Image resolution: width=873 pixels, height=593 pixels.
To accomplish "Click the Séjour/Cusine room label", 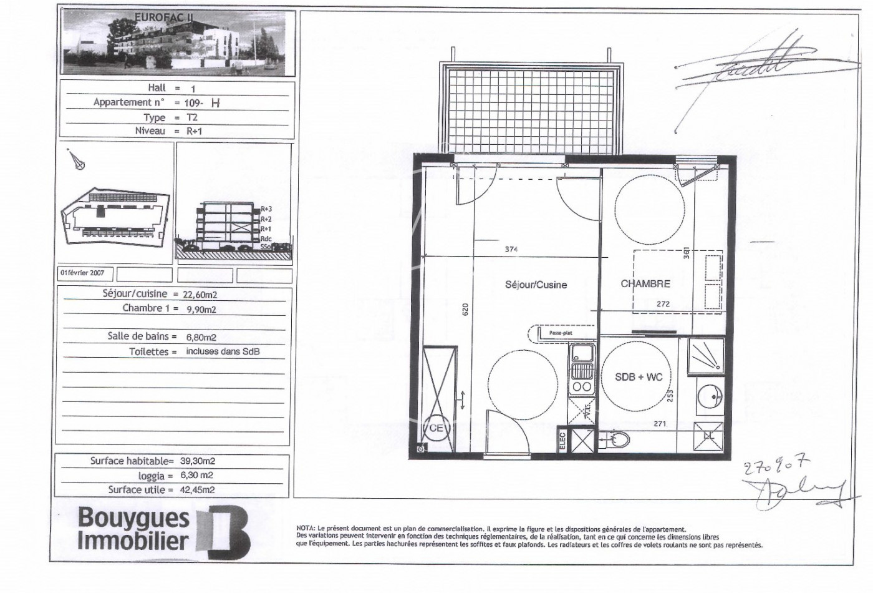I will (536, 285).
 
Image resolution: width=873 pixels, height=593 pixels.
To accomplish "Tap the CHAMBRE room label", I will (645, 283).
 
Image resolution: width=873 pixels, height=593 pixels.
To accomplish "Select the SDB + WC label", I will (639, 377).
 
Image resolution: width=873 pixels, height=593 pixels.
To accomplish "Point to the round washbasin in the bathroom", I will (710, 395).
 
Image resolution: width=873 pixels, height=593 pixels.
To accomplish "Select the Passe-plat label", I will (560, 333).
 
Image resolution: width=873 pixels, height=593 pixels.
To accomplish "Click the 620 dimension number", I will (465, 311).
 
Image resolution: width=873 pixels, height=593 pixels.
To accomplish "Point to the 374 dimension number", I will (511, 250).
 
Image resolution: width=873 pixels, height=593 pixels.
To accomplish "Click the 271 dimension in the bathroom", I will (660, 424).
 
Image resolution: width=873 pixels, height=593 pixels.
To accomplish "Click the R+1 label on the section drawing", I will (266, 229).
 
